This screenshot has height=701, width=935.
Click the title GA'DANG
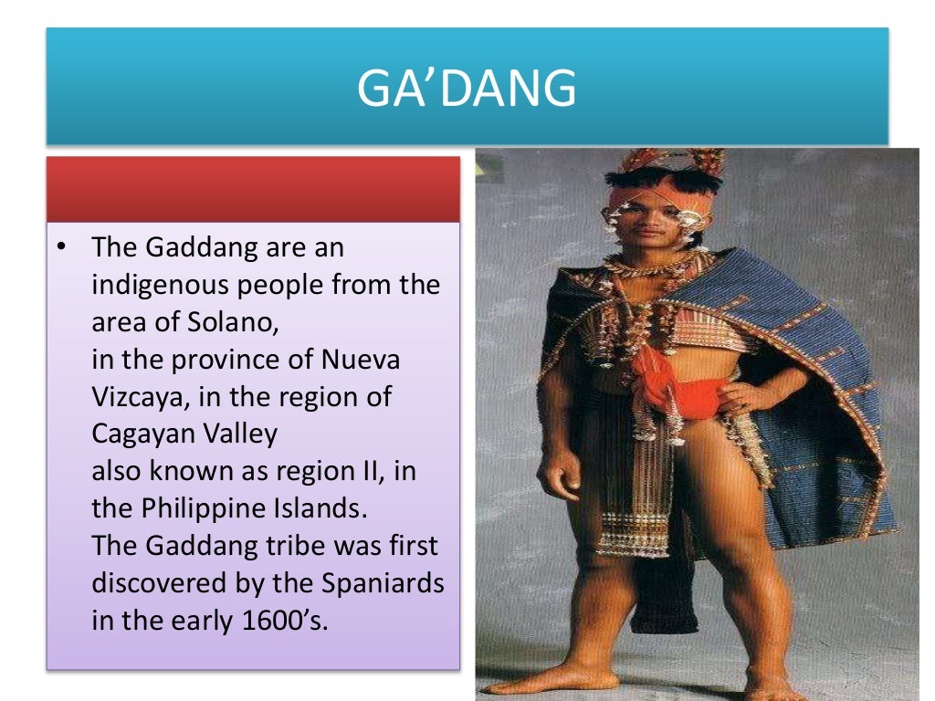[467, 89]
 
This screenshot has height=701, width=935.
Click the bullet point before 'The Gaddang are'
[60, 247]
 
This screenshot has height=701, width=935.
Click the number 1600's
[273, 621]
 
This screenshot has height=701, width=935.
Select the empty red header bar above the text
[253, 189]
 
